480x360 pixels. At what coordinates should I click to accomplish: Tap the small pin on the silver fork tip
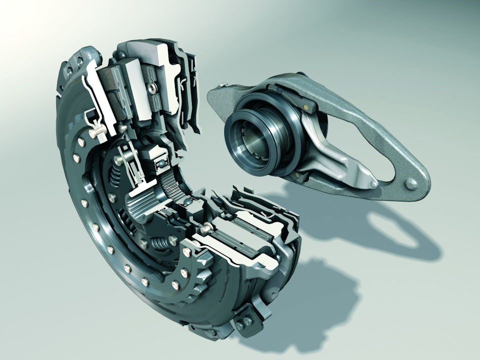point(374,184)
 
